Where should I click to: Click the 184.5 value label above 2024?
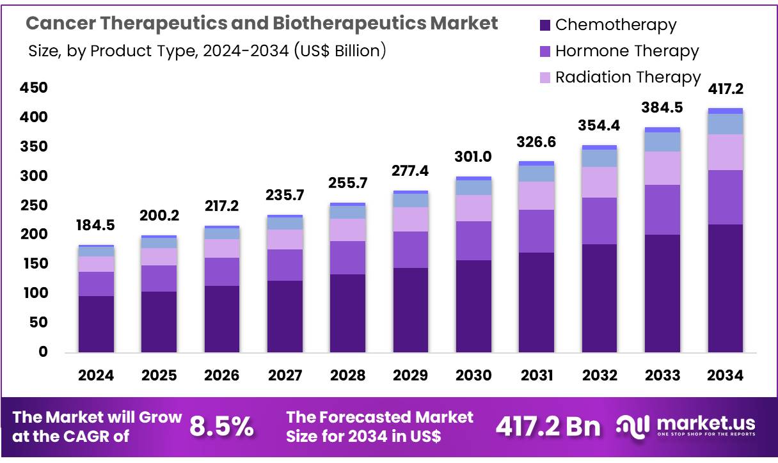[x=96, y=225]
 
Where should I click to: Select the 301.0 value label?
[x=473, y=157]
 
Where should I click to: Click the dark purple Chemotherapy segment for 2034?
[x=726, y=288]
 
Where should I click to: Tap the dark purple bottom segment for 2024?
[x=96, y=324]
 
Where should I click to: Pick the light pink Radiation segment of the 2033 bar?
[x=662, y=168]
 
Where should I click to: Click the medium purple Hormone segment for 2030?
[x=473, y=240]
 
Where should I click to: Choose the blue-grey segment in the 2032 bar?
[x=599, y=158]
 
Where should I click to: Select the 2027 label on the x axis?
[x=285, y=375]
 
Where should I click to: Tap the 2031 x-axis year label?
[x=536, y=375]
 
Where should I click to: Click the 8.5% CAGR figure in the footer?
[x=221, y=426]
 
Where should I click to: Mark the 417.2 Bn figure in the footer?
[x=548, y=426]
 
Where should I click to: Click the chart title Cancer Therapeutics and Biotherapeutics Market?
[x=261, y=24]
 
